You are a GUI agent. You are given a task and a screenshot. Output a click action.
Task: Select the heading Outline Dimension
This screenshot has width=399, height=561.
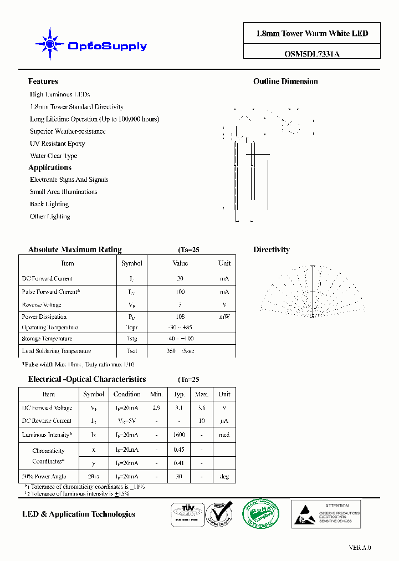pyautogui.click(x=285, y=81)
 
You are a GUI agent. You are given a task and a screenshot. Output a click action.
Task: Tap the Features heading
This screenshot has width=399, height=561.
pyautogui.click(x=43, y=81)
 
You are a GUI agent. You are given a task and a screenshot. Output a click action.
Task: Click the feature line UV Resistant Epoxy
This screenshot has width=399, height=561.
pyautogui.click(x=57, y=144)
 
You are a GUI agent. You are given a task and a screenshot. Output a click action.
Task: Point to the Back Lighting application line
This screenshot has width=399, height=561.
pyautogui.click(x=49, y=204)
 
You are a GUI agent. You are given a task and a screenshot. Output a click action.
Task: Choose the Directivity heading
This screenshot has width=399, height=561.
pyautogui.click(x=272, y=250)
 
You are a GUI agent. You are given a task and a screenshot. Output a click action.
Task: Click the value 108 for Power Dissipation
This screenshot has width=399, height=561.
pyautogui.click(x=180, y=317)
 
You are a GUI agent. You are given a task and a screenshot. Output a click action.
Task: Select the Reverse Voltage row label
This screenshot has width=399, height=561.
pyautogui.click(x=42, y=305)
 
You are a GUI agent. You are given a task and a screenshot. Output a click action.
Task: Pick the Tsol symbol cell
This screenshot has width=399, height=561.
pyautogui.click(x=131, y=351)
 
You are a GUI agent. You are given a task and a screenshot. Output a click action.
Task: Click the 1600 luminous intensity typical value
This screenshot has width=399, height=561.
pyautogui.click(x=180, y=435)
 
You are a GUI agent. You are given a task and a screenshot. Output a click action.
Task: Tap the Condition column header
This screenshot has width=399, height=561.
pyautogui.click(x=127, y=394)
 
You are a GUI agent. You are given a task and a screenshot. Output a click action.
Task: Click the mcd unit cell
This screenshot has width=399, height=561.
pyautogui.click(x=224, y=435)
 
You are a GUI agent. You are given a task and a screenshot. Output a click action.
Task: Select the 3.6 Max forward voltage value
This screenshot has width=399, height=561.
pyautogui.click(x=202, y=408)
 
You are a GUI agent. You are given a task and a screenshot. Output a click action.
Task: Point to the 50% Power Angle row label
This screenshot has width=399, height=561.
pyautogui.click(x=44, y=476)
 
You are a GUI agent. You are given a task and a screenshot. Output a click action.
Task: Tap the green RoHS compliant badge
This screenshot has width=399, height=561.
pyautogui.click(x=262, y=513)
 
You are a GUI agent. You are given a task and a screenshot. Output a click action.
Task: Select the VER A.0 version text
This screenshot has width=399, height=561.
pyautogui.click(x=360, y=548)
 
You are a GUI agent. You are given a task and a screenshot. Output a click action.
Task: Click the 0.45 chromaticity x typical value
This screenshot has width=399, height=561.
pyautogui.click(x=180, y=450)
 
